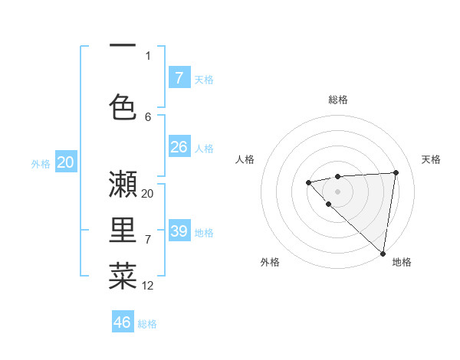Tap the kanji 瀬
123,185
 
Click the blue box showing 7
179,77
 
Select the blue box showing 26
179,146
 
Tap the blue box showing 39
179,231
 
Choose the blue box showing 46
123,322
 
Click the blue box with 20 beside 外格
66,162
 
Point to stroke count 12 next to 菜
148,286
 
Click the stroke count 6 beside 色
148,116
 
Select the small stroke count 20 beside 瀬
148,194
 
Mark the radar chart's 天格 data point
396,172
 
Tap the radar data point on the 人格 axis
308,182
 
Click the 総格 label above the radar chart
337,100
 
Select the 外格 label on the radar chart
270,262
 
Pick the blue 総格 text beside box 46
147,324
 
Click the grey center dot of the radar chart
337,191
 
